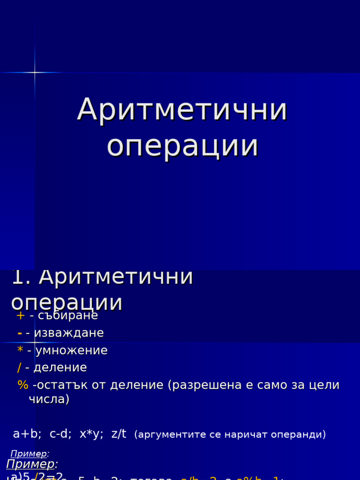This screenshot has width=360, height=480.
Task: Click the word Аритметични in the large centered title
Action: point(182,110)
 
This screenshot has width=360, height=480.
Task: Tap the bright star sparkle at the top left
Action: point(34,72)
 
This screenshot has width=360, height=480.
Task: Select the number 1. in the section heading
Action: point(21,277)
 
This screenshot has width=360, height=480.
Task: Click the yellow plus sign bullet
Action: point(20,316)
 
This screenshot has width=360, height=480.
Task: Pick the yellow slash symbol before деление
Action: point(19,368)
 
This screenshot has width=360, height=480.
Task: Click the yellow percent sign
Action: point(22,385)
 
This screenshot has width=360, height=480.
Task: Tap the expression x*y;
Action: point(91,434)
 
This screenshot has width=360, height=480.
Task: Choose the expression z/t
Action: point(119,434)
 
